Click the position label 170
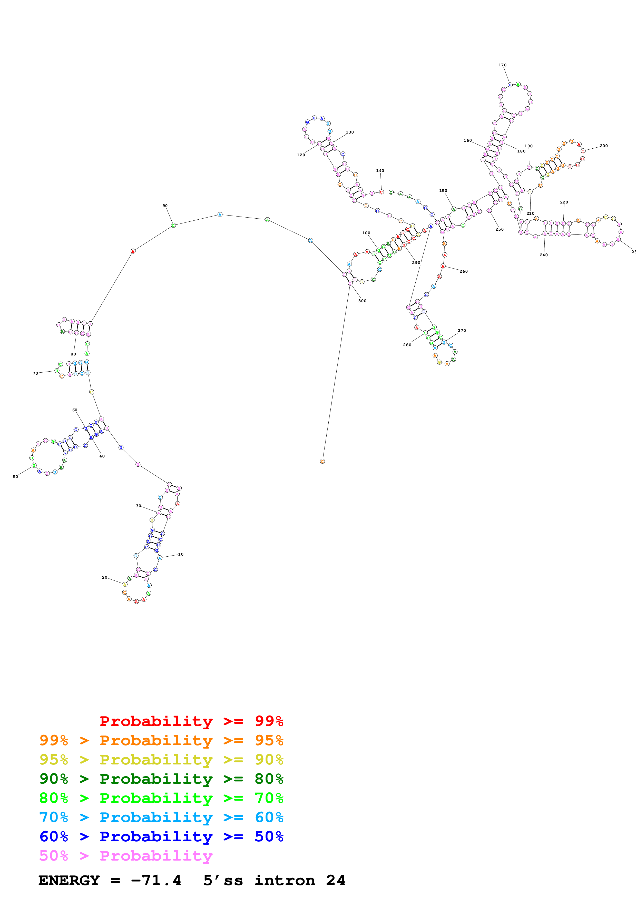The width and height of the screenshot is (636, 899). [502, 65]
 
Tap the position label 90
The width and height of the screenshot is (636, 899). [165, 206]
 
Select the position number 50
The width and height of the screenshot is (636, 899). [15, 476]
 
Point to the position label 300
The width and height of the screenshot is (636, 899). [362, 301]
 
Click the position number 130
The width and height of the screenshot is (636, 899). [349, 132]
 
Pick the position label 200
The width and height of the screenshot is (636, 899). [603, 146]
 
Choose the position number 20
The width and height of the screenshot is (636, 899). [104, 577]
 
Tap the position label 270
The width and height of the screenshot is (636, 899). [462, 331]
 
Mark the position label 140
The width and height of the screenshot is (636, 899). [380, 171]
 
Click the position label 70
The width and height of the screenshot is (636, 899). [35, 373]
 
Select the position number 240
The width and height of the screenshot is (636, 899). [544, 255]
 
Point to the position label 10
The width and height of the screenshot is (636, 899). [181, 554]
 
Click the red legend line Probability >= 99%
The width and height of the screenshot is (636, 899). [191, 721]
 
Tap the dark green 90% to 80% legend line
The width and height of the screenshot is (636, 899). [161, 779]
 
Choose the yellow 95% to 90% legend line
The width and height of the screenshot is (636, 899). [161, 760]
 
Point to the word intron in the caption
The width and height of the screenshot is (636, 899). [285, 880]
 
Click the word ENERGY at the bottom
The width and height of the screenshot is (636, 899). [69, 880]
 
